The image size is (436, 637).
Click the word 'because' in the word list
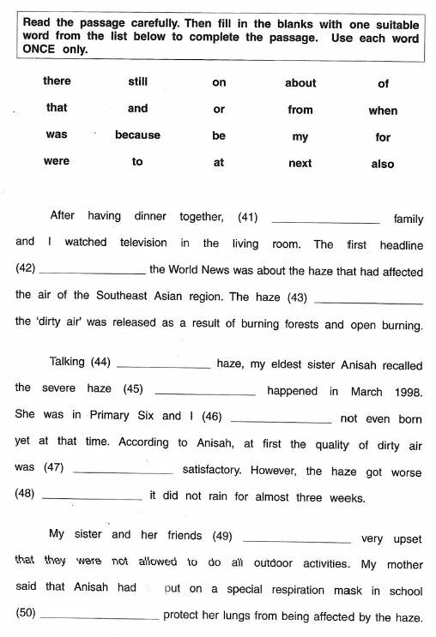137,135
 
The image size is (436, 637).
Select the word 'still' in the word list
137,81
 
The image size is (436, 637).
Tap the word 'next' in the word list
300,163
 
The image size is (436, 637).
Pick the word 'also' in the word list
383,164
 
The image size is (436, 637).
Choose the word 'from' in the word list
300,110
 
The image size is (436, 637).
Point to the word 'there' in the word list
57,81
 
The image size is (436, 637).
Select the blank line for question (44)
162,366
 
